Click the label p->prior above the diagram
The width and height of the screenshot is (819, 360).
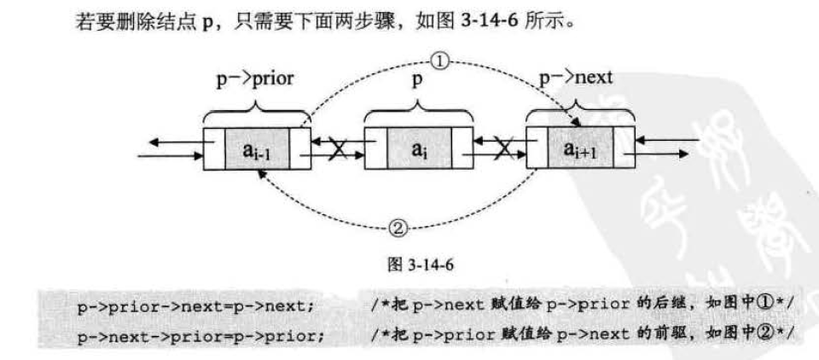pos(254,79)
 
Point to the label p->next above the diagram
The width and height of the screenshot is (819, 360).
pos(576,79)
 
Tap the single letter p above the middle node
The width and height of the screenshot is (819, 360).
pos(418,80)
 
